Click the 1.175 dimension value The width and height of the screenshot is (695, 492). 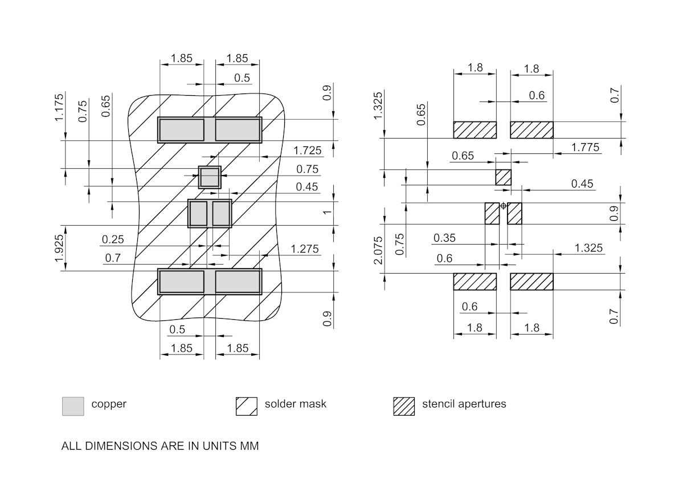[x=59, y=108]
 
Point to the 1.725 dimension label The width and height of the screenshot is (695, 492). [x=308, y=151]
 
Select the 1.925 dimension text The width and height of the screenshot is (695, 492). [x=59, y=249]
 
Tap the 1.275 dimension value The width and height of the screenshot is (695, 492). [x=305, y=249]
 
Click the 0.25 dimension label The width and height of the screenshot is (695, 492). [x=113, y=239]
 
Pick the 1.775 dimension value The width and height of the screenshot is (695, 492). [x=585, y=147]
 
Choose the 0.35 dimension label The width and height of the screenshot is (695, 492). [x=445, y=238]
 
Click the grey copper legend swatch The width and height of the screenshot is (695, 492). [x=73, y=406]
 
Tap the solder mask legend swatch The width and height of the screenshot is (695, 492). [x=247, y=406]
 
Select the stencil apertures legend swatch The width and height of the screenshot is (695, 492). [x=404, y=406]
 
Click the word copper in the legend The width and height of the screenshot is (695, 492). [x=109, y=404]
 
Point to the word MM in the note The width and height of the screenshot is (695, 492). [x=249, y=446]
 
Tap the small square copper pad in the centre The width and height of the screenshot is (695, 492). [x=210, y=177]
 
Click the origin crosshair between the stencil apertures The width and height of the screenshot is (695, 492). [x=503, y=205]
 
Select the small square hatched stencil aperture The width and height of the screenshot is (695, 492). [x=503, y=177]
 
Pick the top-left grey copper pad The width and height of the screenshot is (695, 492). [x=181, y=130]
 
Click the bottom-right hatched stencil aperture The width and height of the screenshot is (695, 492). [x=532, y=282]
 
